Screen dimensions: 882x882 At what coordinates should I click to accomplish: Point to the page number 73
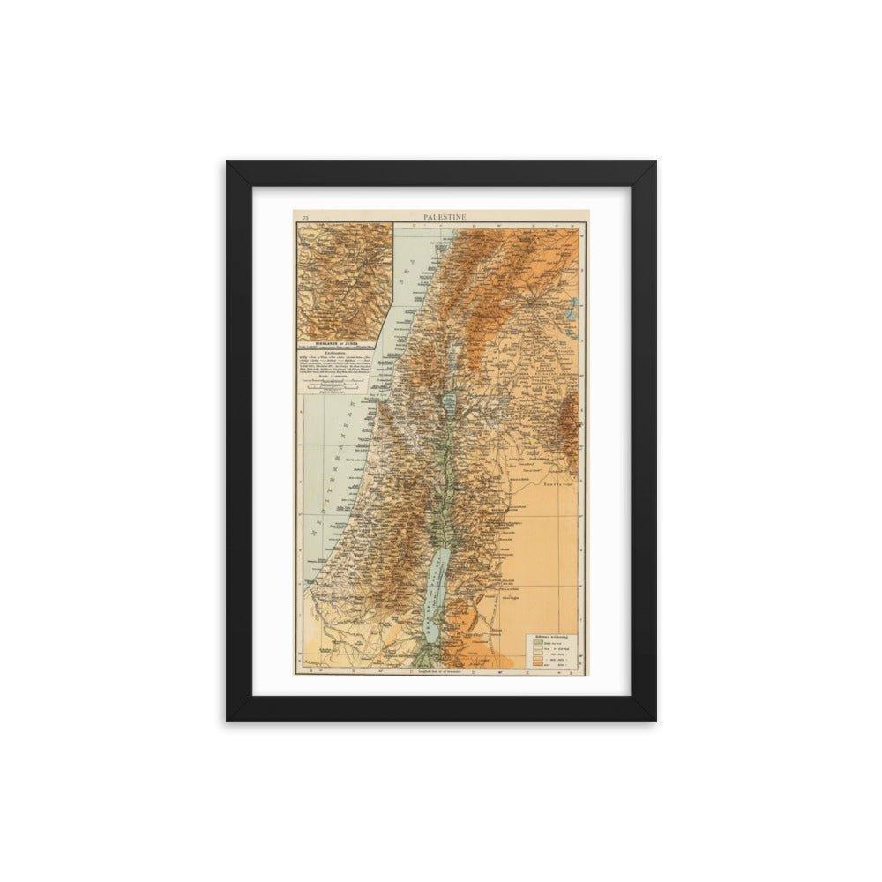point(304,216)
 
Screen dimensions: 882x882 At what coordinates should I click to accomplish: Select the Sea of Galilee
point(451,401)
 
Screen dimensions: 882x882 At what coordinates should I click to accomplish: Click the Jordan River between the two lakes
point(450,476)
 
